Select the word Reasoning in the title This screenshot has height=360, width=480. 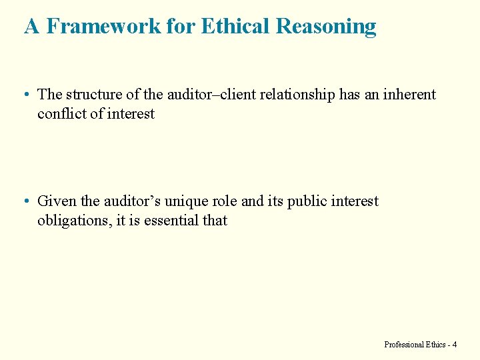coord(326,27)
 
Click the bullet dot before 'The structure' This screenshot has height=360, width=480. coord(25,95)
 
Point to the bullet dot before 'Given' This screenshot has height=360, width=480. coord(25,202)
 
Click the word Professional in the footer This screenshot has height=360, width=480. coord(404,345)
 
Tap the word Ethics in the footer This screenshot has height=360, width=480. coord(435,345)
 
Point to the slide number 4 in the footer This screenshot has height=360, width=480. coord(455,345)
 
